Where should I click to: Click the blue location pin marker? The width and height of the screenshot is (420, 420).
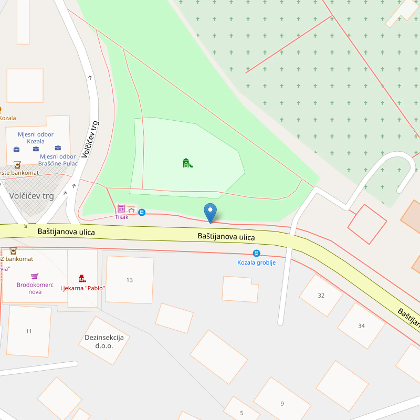210,213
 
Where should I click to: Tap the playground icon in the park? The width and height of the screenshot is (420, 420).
187,163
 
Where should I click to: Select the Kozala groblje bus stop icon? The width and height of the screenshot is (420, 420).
256,253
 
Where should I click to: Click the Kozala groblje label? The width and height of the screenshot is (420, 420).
256,262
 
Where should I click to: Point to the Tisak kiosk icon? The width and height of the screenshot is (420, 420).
121,208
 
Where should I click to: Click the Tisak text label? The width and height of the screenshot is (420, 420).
121,217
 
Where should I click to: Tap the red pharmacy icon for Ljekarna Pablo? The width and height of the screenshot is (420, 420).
82,278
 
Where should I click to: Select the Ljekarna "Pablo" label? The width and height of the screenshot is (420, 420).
83,288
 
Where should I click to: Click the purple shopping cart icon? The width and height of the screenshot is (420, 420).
35,276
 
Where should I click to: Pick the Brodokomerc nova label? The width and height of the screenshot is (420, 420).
35,288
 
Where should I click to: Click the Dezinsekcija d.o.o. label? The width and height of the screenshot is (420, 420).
104,341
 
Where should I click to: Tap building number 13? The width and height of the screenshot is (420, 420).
130,280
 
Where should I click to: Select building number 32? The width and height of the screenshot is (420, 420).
321,295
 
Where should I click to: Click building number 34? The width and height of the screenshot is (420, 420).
361,325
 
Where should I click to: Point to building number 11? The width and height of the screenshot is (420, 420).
29,331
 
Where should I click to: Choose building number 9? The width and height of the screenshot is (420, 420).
282,403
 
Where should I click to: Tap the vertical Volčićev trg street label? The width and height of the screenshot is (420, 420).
90,139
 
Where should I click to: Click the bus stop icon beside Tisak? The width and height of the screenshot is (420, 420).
142,212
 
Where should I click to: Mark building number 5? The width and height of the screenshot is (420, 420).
241,413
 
